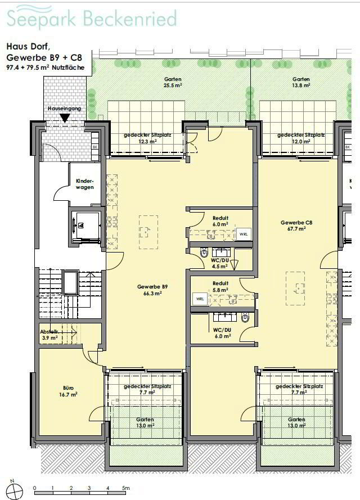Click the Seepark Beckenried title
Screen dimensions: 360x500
pyautogui.click(x=92, y=18)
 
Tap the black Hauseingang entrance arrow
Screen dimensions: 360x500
pyautogui.click(x=65, y=119)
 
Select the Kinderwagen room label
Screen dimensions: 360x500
pyautogui.click(x=85, y=184)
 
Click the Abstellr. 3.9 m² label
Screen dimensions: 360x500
pyautogui.click(x=49, y=335)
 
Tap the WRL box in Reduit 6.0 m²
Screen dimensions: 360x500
pyautogui.click(x=244, y=234)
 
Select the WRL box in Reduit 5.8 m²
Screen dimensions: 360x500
pyautogui.click(x=200, y=299)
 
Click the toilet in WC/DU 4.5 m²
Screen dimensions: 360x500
pyautogui.click(x=204, y=253)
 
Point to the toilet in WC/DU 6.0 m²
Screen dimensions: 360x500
pyautogui.click(x=245, y=318)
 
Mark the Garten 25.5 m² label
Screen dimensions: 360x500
pyautogui.click(x=173, y=82)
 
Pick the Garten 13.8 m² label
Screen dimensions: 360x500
pyautogui.click(x=301, y=82)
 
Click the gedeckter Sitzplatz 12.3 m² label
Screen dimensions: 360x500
pyautogui.click(x=147, y=138)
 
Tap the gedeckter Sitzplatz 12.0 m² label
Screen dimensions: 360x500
pyautogui.click(x=301, y=138)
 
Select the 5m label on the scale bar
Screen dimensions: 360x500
pyautogui.click(x=126, y=488)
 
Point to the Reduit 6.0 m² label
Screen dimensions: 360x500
pyautogui.click(x=220, y=221)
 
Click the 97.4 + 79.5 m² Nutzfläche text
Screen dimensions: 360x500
pyautogui.click(x=45, y=67)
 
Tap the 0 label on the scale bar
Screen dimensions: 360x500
pyautogui.click(x=35, y=488)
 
